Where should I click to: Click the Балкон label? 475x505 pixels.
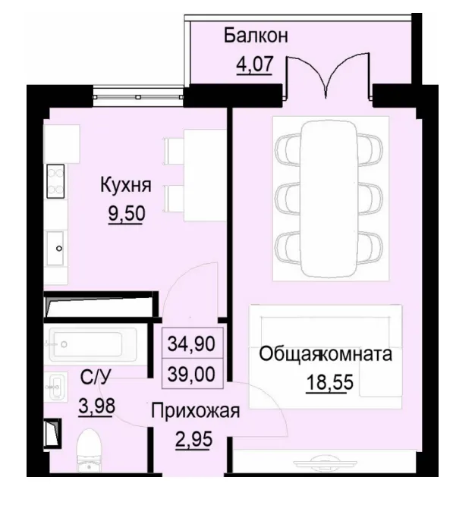[256, 36]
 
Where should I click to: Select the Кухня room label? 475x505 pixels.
[127, 185]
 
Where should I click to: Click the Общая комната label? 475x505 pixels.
[326, 354]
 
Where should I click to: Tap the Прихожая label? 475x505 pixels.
[196, 412]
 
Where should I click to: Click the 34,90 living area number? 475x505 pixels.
[190, 344]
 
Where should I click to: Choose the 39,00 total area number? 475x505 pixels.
[190, 373]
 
